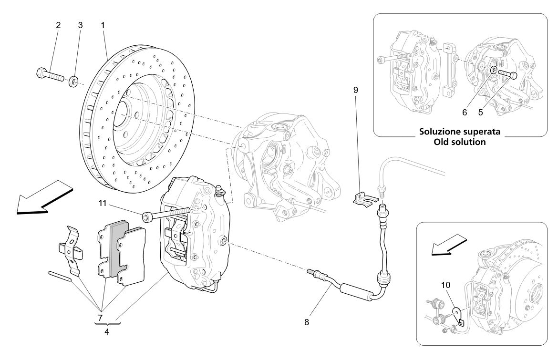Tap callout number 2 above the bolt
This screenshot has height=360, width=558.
coord(58,25)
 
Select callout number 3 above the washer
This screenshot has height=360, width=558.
coord(80,25)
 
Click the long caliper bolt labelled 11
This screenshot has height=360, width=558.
coord(167,213)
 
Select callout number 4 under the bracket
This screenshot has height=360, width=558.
coord(107,332)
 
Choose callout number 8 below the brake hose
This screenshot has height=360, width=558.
coord(306,322)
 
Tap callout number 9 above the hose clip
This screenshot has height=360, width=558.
coord(356,90)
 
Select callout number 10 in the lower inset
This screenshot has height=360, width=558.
coord(445,285)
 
